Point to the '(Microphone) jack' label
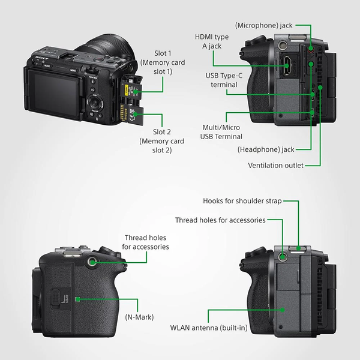264,26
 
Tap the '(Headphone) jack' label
266,149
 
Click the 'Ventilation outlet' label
275,165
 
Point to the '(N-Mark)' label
140,316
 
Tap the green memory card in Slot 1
133,89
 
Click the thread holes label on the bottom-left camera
146,242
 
